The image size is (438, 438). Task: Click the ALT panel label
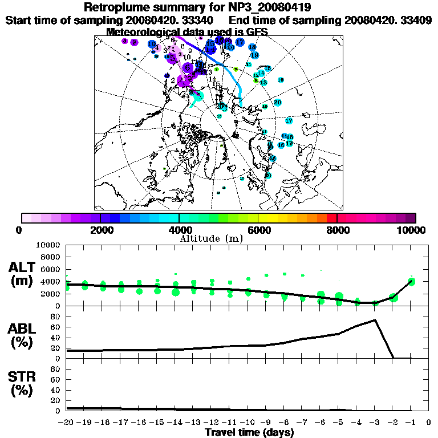click(23, 267)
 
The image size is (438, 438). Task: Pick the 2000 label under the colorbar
click(100, 230)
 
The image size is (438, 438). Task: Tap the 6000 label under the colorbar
click(258, 230)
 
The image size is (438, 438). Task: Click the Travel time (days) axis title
click(249, 432)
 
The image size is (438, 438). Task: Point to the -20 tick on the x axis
click(67, 423)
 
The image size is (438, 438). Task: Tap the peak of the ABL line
click(375, 320)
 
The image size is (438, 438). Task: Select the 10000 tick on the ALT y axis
click(49, 245)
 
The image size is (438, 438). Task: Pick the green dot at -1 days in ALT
click(411, 281)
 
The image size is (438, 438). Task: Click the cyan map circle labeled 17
click(289, 121)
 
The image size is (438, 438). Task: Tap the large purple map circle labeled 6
click(186, 67)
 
